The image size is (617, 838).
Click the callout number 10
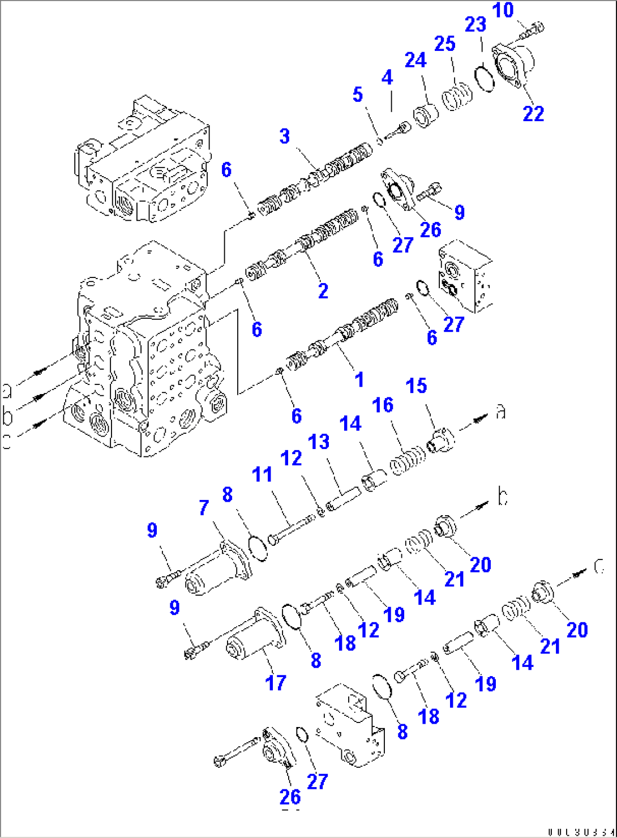point(503,10)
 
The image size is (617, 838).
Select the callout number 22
point(533,113)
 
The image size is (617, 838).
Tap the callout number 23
point(475,25)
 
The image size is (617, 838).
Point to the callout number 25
point(445,44)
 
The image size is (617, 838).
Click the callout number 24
point(415,59)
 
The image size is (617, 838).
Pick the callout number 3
point(285,136)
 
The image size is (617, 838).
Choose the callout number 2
point(323,291)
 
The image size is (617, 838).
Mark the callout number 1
point(359,379)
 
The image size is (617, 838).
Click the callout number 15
point(416,386)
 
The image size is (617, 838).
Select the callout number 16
point(383,405)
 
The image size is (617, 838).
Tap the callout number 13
point(319,442)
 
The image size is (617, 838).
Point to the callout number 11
point(262,474)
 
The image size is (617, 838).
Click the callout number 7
point(204,508)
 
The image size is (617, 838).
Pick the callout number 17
point(276,683)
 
